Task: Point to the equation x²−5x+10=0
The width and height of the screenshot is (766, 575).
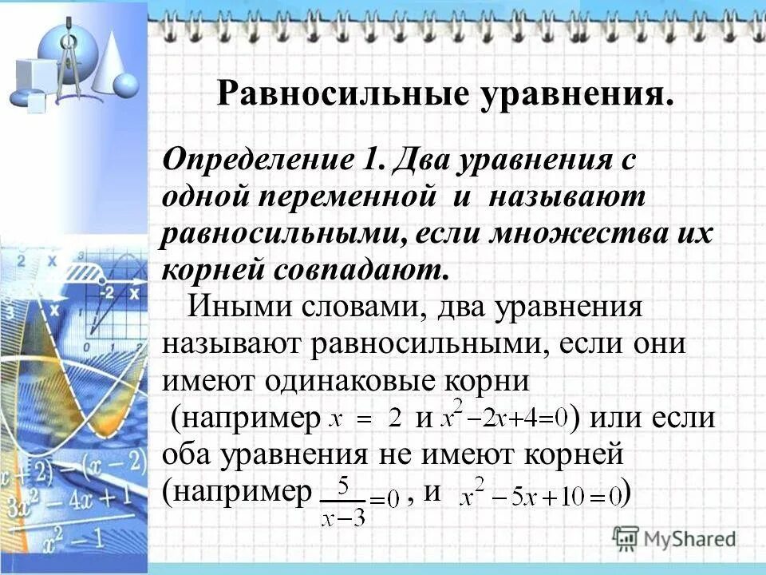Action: [543, 496]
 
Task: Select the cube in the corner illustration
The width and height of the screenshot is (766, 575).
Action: [30, 76]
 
